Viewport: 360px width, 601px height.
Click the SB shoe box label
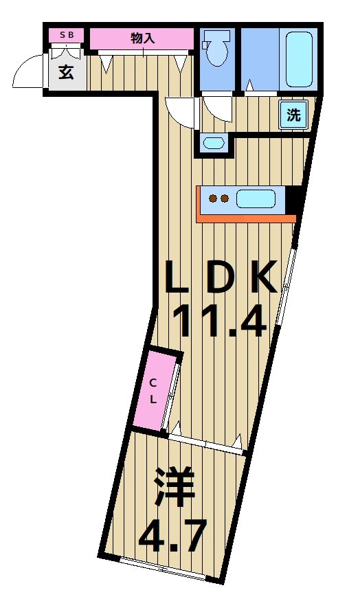point(66,34)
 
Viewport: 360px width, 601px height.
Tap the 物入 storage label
point(142,38)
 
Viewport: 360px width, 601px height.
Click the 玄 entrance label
point(66,72)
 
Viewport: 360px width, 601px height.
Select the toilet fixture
point(218,50)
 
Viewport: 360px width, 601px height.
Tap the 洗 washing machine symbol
point(293,115)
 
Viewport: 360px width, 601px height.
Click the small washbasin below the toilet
point(214,143)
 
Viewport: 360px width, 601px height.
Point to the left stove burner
point(213,199)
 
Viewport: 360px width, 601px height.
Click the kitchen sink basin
point(256,199)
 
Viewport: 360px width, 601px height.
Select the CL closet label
point(153,391)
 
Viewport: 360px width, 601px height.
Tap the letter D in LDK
point(221,277)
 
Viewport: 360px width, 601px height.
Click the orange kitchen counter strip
point(247,218)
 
